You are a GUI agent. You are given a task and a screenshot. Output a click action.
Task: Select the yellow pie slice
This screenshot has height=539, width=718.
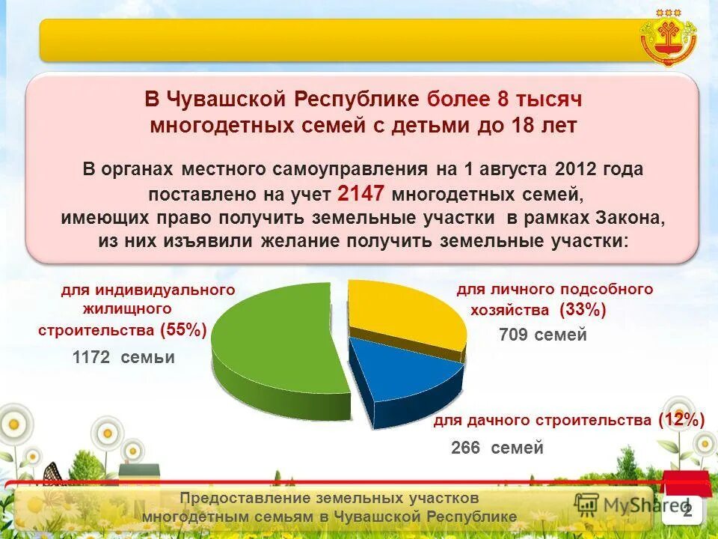[x=404, y=314]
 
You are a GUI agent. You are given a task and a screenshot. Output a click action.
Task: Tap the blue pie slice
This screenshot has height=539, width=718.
[x=404, y=378]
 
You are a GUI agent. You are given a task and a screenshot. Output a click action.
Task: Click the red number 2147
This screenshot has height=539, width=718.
[x=361, y=194]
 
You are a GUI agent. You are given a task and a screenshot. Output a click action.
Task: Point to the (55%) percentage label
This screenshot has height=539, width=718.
[x=183, y=329]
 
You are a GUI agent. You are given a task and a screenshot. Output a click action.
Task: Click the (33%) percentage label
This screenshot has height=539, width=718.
[x=583, y=310]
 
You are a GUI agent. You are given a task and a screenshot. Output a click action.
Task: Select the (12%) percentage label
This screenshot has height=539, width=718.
[x=681, y=421]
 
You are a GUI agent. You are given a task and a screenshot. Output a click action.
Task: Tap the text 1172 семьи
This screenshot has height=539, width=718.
[x=123, y=358]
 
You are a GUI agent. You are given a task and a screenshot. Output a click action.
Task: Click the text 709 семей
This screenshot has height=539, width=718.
[x=543, y=335]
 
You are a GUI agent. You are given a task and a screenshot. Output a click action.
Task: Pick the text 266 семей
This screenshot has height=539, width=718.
[x=497, y=448]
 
